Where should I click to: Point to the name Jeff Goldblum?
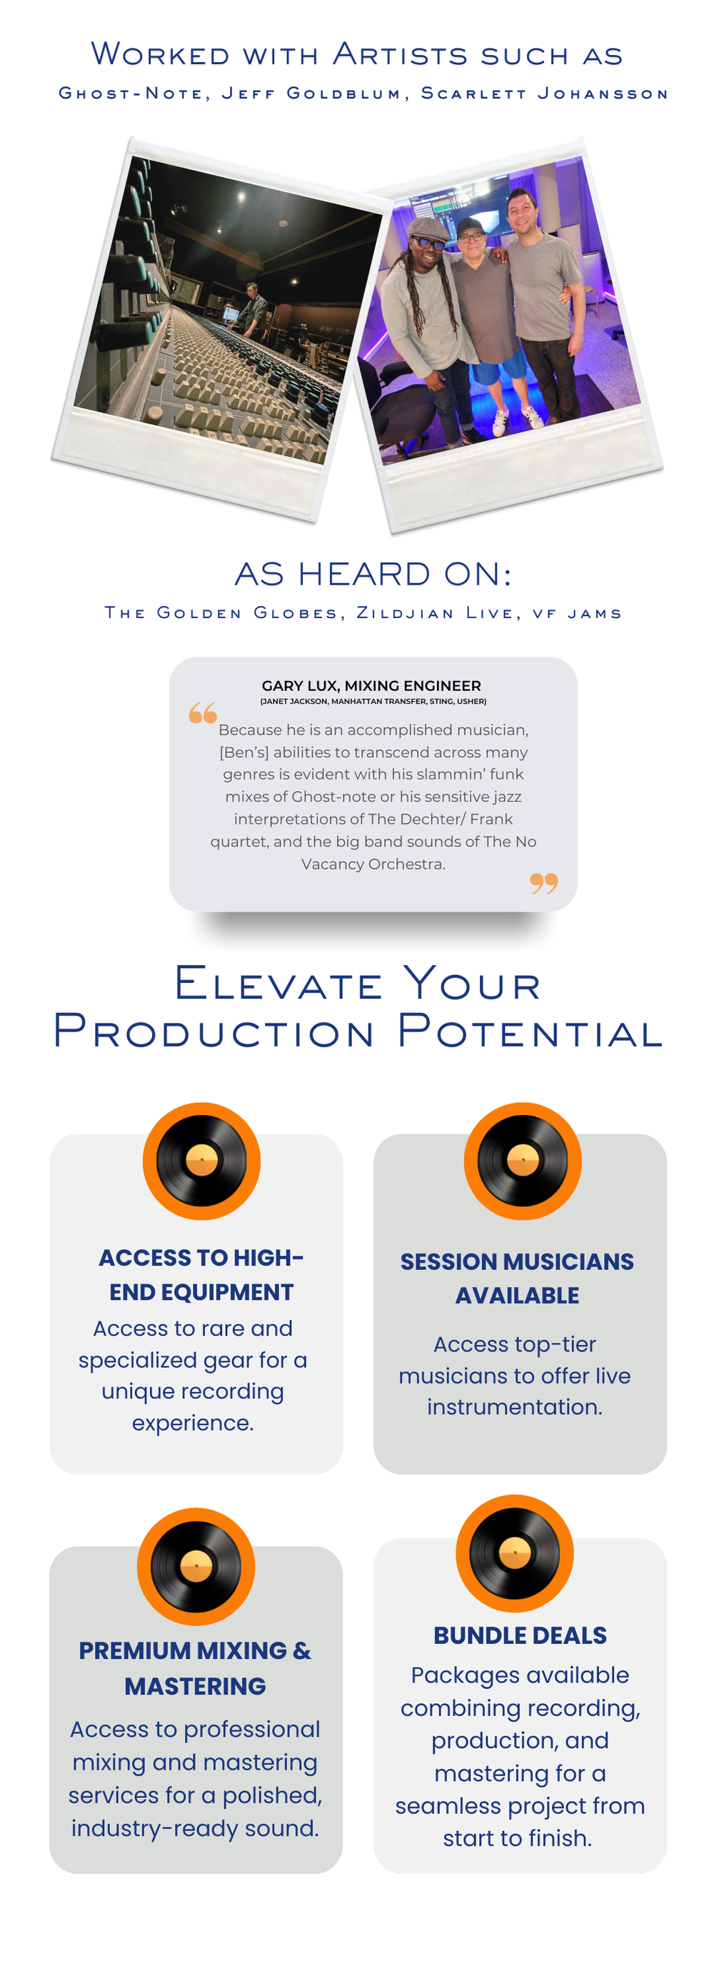[x=311, y=93]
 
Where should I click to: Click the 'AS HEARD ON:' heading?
[x=373, y=573]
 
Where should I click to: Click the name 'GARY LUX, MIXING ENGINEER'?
[x=371, y=685]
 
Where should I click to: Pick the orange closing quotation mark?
[x=544, y=883]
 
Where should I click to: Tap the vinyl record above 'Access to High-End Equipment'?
[x=202, y=1161]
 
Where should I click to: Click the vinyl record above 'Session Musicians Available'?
[x=522, y=1161]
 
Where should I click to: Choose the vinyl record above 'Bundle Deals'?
[x=515, y=1553]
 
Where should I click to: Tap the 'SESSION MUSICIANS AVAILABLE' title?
[x=517, y=1278]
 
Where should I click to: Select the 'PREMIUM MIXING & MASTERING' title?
[x=195, y=1667]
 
